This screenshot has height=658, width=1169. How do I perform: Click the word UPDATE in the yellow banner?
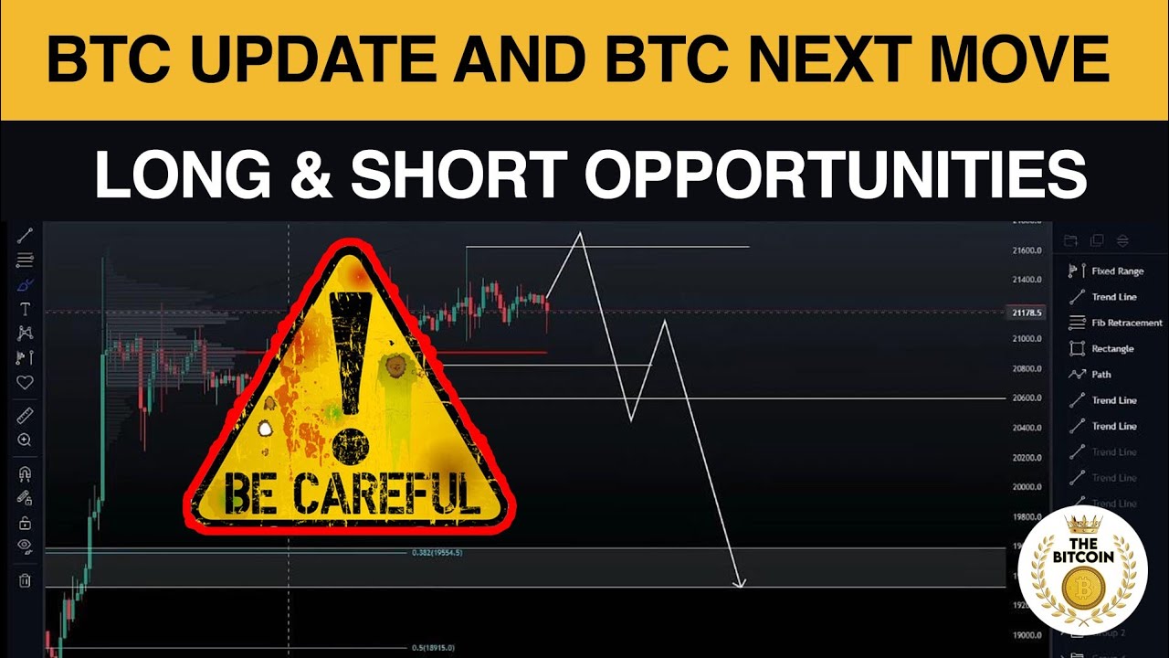311,60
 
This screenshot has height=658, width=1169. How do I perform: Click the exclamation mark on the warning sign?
347,366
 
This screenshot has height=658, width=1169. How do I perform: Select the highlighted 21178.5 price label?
1027,313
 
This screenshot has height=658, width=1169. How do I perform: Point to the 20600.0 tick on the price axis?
1027,398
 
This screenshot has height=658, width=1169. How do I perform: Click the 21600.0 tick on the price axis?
1027,250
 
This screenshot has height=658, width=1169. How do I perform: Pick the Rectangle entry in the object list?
1111,348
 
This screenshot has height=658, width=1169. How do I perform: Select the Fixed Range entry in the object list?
1116,271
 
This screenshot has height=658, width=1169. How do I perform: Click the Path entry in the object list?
1101,374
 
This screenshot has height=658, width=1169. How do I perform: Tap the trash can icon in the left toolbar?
25,579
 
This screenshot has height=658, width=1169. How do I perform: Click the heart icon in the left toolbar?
25,382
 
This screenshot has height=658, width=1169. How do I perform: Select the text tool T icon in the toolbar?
25,309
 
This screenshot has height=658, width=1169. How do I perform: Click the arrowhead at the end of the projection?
741,582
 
